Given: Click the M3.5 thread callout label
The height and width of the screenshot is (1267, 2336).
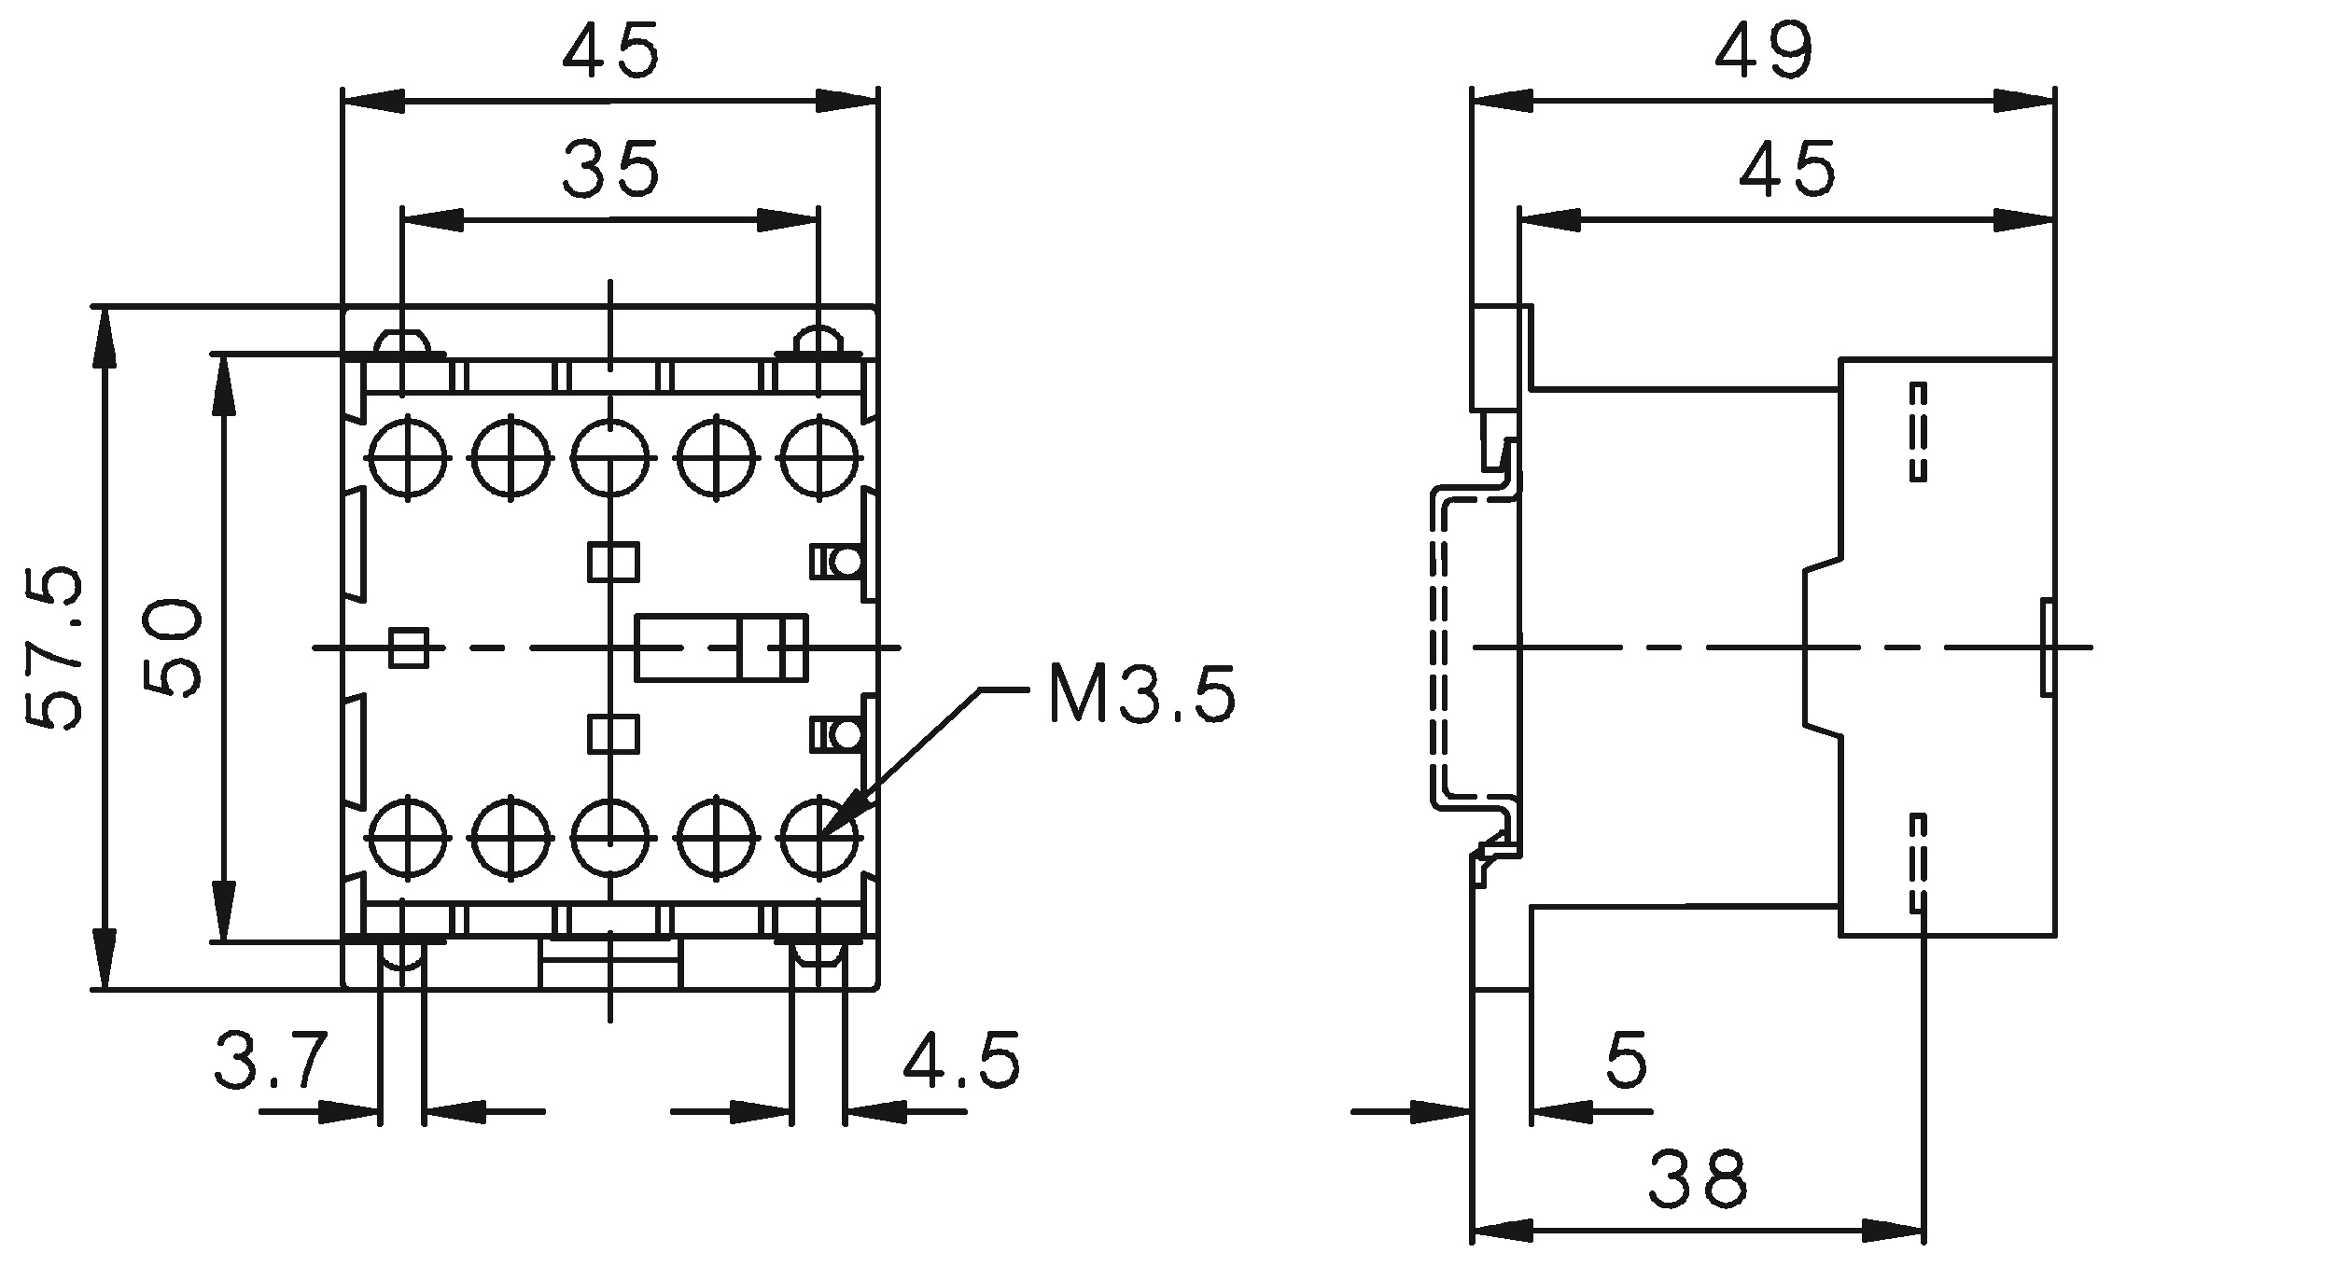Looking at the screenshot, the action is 1141,693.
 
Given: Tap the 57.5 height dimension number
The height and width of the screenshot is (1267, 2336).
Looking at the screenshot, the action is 53,647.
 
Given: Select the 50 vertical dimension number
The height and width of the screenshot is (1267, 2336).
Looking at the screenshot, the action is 173,648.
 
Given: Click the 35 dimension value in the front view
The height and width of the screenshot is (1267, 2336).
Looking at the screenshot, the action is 611,169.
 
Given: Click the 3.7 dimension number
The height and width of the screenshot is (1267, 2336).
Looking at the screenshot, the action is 271,1060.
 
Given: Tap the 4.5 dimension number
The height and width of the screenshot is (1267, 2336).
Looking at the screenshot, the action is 962,1060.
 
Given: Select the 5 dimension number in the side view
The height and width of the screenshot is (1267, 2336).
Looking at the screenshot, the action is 1627,1060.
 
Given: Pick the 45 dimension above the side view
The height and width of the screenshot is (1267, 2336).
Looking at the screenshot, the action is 1787,169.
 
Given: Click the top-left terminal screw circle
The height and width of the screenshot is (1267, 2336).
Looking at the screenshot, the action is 409,457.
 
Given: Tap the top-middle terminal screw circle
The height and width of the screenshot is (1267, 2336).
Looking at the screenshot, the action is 610,457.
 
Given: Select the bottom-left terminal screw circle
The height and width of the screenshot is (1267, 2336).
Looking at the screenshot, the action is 409,836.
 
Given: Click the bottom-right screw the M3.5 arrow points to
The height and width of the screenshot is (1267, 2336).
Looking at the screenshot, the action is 819,836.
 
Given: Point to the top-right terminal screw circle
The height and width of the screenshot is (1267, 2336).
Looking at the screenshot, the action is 819,457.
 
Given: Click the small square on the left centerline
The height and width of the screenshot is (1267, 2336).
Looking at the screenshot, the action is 409,647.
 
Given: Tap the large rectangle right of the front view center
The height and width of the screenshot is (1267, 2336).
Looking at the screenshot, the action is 720,647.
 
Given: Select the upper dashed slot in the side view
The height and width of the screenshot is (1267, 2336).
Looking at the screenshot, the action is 1918,431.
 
